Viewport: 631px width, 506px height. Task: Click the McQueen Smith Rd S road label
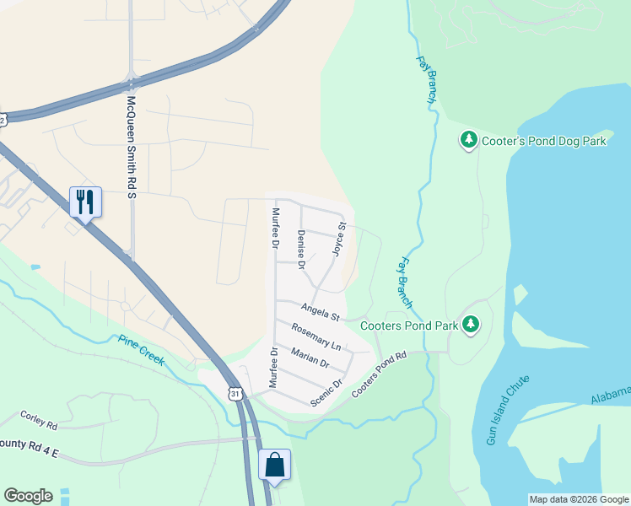pos(131,147)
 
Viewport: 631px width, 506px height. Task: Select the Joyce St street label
pos(339,240)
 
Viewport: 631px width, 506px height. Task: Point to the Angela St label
pos(320,312)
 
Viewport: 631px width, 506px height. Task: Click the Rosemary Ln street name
pos(316,337)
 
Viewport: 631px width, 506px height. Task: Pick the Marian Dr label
pos(310,358)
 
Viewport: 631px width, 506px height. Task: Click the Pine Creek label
pos(142,350)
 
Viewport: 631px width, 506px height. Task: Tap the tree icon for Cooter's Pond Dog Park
pos(468,140)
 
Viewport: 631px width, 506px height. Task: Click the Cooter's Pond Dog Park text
pos(544,142)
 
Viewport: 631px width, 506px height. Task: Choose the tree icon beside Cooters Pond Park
pos(472,324)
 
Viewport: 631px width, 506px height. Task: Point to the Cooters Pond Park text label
pos(408,326)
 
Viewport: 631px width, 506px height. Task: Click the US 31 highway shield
pos(236,393)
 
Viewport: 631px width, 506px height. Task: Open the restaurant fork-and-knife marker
pos(85,201)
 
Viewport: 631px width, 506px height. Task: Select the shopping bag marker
pos(274,464)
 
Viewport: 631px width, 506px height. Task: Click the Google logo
pos(28,496)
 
